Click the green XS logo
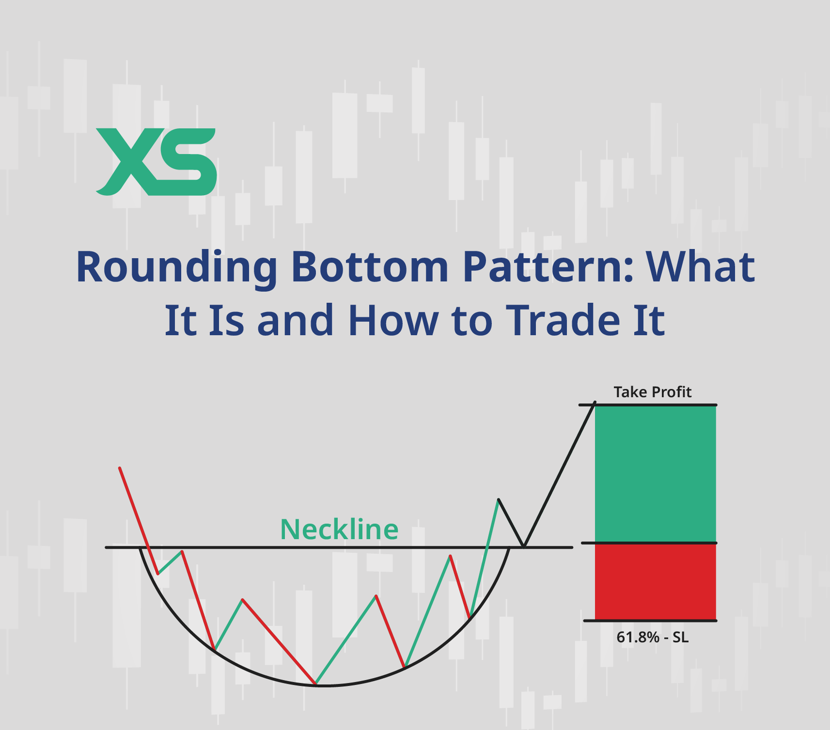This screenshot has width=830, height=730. (156, 162)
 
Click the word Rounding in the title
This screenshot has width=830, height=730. (177, 267)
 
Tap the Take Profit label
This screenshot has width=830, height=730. (652, 392)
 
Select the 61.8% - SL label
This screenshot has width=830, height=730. (652, 637)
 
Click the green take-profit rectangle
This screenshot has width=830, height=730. (656, 474)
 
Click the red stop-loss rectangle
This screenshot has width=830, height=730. (656, 582)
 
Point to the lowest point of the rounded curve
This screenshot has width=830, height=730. (325, 685)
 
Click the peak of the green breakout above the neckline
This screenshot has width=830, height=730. (498, 499)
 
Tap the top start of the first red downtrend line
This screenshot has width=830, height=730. (120, 468)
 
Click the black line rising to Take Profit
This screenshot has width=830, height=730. (559, 474)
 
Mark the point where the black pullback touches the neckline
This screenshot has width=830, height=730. (523, 547)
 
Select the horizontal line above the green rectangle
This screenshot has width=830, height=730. (648, 404)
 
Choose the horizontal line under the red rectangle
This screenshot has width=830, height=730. (650, 620)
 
